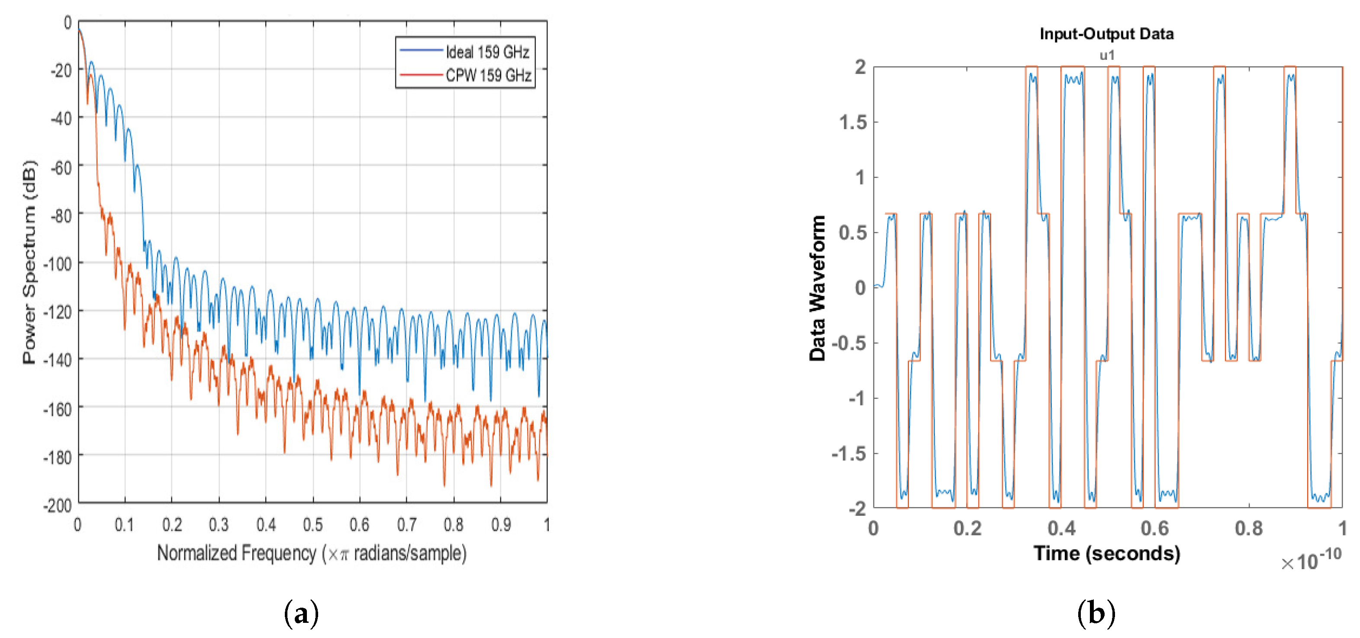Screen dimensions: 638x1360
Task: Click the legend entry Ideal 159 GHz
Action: (x=487, y=52)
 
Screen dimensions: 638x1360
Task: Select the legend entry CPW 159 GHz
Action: (x=488, y=75)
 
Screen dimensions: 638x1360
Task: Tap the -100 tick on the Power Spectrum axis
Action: (x=57, y=263)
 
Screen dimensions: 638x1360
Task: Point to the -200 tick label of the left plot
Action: (x=57, y=505)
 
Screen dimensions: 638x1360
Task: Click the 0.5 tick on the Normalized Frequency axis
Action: (x=313, y=525)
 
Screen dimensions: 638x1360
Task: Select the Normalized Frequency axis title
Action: (x=312, y=554)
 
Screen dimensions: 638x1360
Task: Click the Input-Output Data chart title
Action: (x=1107, y=34)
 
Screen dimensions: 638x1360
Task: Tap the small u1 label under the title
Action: (x=1107, y=55)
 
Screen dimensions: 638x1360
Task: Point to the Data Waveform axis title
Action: (x=817, y=288)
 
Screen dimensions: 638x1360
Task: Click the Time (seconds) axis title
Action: (x=1107, y=554)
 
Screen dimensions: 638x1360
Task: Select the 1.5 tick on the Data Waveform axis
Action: (x=853, y=123)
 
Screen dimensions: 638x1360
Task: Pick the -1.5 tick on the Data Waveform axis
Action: (x=849, y=453)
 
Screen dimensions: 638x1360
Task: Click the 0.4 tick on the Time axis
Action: (x=1061, y=528)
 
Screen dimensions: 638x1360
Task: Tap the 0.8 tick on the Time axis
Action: (x=1249, y=528)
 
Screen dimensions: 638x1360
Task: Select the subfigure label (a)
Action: (x=301, y=614)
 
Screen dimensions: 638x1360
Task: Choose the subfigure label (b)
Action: (x=1096, y=614)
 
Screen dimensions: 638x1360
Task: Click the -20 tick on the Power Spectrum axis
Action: (x=61, y=70)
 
